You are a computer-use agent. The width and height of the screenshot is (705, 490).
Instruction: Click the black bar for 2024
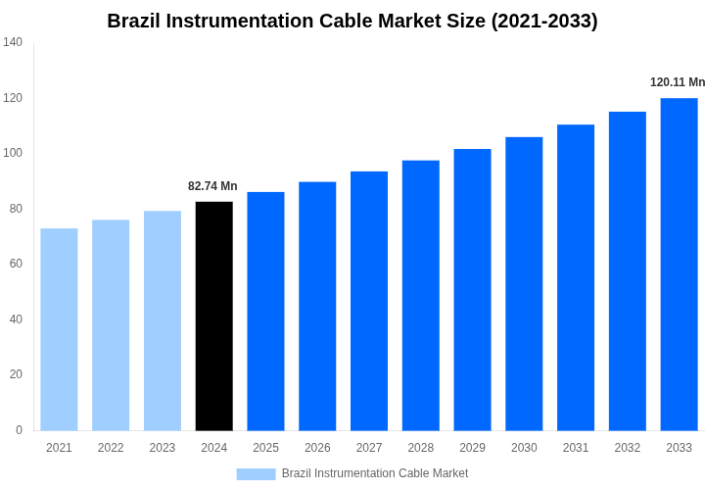click(214, 316)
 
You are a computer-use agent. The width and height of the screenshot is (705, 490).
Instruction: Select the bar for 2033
click(679, 264)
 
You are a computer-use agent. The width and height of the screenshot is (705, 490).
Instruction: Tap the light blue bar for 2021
click(59, 329)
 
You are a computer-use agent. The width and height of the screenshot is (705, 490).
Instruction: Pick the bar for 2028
click(421, 295)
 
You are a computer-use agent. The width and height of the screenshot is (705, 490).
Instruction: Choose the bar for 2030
click(524, 283)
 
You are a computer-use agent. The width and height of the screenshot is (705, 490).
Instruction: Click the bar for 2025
click(265, 311)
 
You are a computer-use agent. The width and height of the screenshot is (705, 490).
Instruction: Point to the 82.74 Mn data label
click(212, 186)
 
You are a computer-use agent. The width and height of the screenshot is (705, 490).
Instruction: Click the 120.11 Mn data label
click(677, 82)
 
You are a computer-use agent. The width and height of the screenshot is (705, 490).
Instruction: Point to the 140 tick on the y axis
click(13, 42)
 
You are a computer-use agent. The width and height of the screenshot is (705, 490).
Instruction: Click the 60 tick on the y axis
click(16, 264)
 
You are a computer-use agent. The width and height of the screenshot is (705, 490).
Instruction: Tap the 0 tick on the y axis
click(19, 429)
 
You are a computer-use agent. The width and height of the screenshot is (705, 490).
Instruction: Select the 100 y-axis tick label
click(13, 153)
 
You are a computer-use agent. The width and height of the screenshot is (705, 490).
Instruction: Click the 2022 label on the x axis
click(111, 448)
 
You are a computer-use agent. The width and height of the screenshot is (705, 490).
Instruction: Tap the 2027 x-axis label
click(369, 448)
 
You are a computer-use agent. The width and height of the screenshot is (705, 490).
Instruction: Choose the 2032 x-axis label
click(628, 448)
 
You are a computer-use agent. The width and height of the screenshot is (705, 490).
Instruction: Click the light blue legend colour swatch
click(256, 473)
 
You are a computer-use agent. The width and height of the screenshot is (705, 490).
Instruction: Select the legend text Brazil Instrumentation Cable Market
click(375, 473)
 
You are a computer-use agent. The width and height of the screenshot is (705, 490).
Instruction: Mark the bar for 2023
click(163, 320)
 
